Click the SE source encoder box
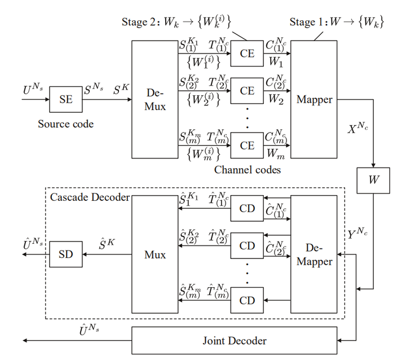(x=66, y=100)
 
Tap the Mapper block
(x=314, y=99)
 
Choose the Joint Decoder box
(x=234, y=340)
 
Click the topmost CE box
(x=247, y=54)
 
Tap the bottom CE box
(x=247, y=146)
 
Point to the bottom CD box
(x=247, y=300)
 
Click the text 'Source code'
(x=65, y=124)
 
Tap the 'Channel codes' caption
(x=248, y=169)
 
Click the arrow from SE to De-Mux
(x=107, y=100)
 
